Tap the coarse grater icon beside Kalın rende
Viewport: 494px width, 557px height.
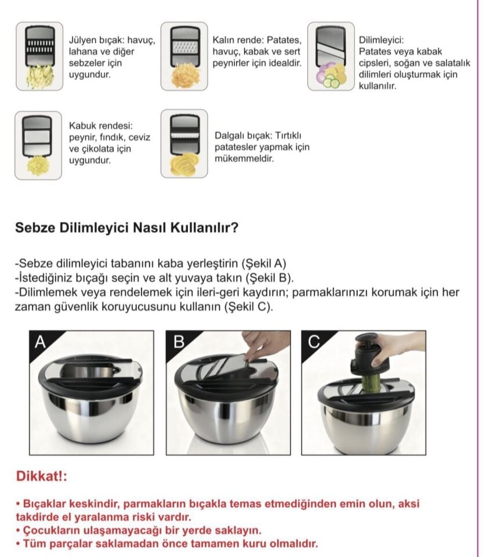[184, 56]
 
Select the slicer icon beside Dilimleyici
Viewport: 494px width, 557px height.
[330, 56]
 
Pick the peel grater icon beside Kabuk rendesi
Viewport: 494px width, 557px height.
[38, 145]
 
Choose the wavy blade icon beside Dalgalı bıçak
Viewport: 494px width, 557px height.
[184, 143]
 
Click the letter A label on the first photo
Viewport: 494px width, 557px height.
[40, 342]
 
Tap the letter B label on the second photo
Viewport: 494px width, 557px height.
[179, 342]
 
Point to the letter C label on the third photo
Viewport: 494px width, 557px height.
[314, 342]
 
